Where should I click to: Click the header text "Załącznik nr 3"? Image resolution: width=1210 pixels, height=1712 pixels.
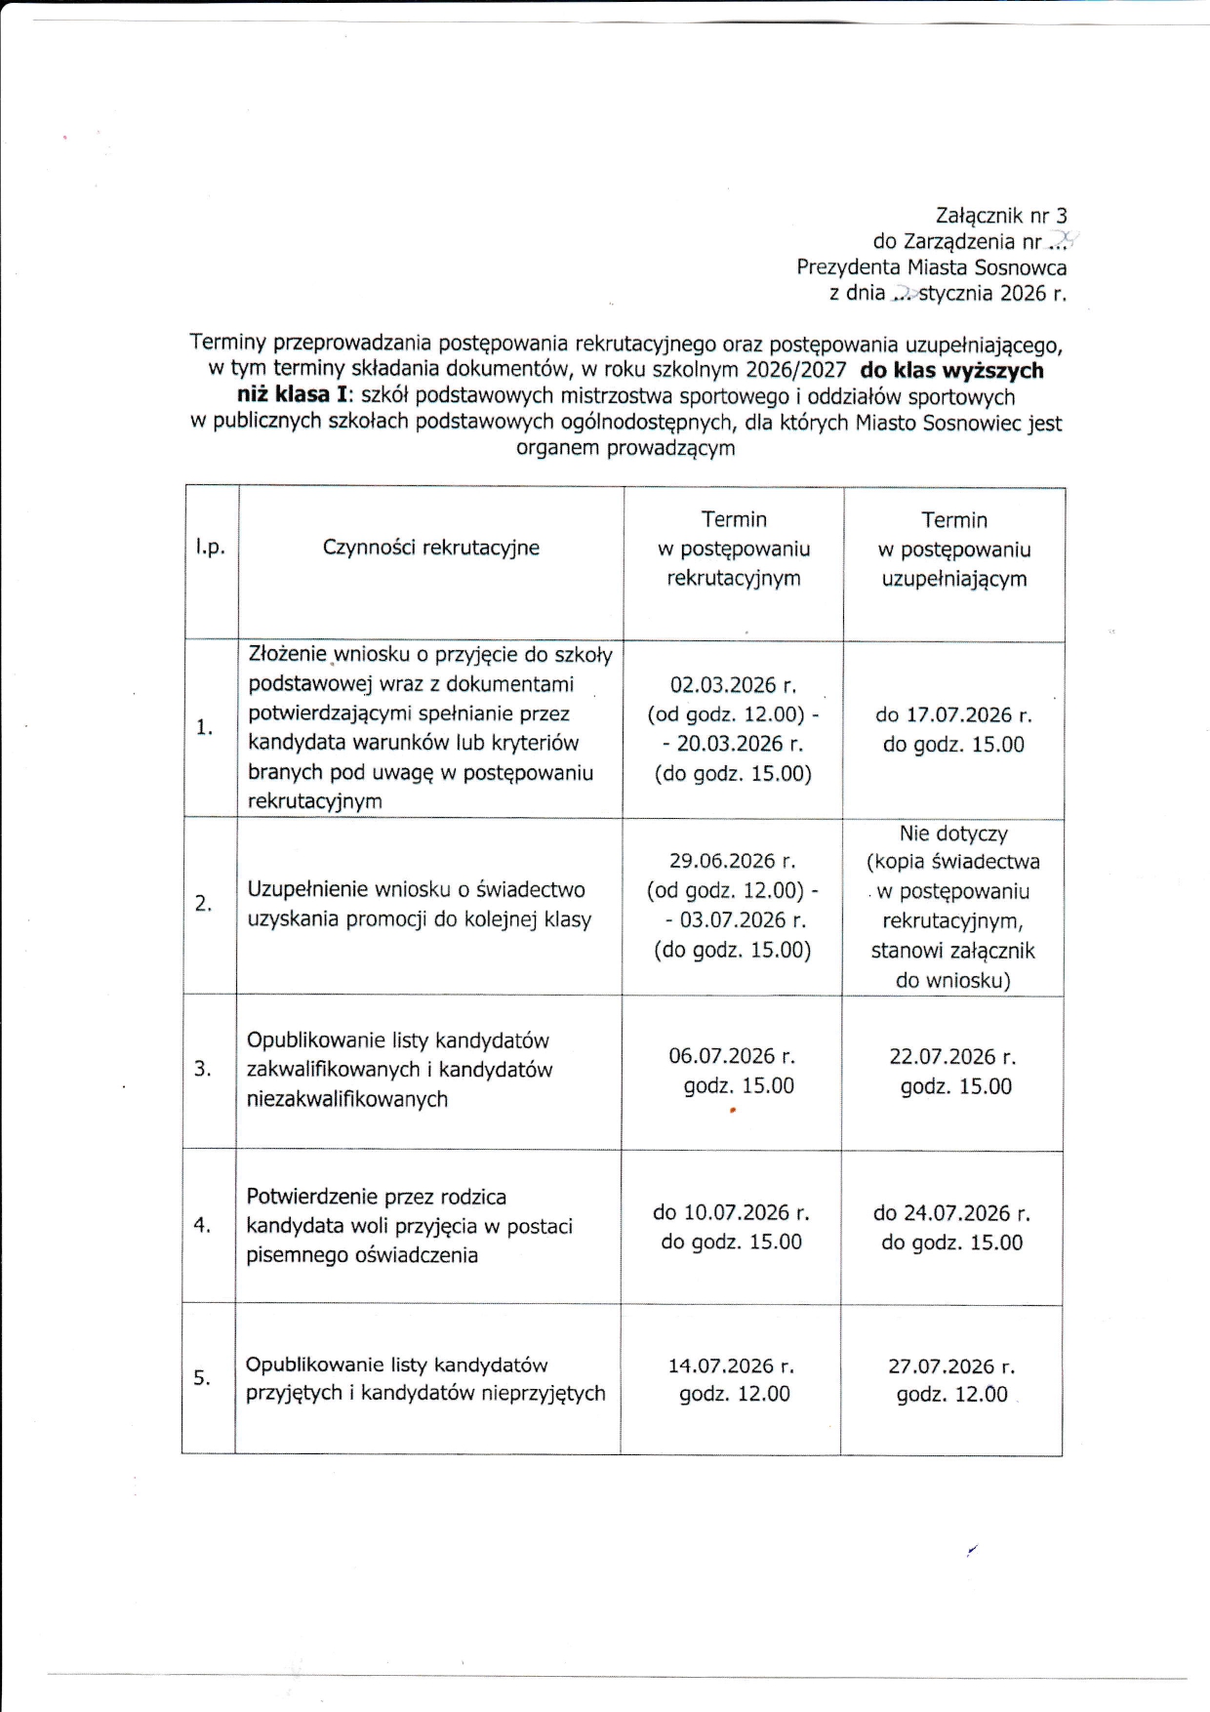[x=1001, y=216]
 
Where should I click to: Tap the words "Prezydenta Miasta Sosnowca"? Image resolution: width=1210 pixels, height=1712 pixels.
[x=931, y=267]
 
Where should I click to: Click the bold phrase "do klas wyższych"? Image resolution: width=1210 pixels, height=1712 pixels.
[x=951, y=371]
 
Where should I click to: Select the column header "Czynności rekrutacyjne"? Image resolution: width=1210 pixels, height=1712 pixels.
[x=430, y=548]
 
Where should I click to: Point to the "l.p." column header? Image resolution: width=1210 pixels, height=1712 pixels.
[x=210, y=548]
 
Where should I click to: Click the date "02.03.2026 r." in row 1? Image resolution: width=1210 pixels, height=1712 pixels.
[x=733, y=685]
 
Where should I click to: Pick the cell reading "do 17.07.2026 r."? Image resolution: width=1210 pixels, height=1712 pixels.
[x=953, y=714]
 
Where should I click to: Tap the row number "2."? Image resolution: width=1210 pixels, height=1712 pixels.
[x=203, y=904]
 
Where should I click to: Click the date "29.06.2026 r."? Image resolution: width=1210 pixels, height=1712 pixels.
[x=732, y=861]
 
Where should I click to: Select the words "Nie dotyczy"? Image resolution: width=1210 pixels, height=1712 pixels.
[x=953, y=834]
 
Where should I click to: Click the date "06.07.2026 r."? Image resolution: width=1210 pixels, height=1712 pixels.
[x=732, y=1056]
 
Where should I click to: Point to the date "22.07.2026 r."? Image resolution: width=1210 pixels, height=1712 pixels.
[x=952, y=1057]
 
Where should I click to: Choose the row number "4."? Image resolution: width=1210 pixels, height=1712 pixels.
[x=202, y=1225]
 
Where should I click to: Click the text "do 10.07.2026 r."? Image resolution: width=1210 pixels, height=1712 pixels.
[x=731, y=1212]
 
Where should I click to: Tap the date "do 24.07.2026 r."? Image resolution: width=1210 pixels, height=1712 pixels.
[x=951, y=1213]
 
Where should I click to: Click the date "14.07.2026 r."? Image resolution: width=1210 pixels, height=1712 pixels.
[x=731, y=1366]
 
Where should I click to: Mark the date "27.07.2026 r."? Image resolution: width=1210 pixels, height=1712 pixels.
[x=951, y=1366]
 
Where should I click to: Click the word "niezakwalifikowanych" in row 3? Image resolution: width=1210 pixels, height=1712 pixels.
[x=347, y=1099]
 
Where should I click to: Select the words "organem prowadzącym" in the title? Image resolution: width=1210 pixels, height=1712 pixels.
[x=625, y=448]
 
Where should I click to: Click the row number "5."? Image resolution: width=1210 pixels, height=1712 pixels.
[x=202, y=1378]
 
